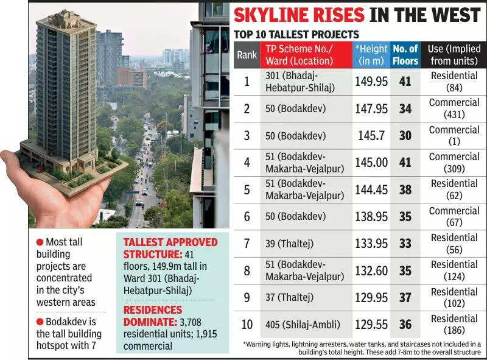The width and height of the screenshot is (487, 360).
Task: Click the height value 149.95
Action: [371, 81]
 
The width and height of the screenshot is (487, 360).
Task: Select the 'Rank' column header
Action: [247, 55]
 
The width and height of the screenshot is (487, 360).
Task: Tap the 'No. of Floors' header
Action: [405, 55]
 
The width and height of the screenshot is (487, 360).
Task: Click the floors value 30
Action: [405, 136]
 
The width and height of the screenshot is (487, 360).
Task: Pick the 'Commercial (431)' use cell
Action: [454, 108]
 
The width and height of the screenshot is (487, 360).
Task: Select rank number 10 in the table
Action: [247, 325]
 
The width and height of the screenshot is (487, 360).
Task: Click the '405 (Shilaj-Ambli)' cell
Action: [301, 325]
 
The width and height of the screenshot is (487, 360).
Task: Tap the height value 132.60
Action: [371, 271]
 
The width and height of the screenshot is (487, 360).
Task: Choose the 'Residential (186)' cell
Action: [454, 325]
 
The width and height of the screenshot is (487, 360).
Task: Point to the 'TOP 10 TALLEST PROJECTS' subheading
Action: [296, 35]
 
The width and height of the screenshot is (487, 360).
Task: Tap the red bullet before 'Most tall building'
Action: [40, 242]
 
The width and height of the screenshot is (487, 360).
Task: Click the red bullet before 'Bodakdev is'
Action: [40, 321]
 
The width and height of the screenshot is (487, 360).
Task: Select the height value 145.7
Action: [371, 136]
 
